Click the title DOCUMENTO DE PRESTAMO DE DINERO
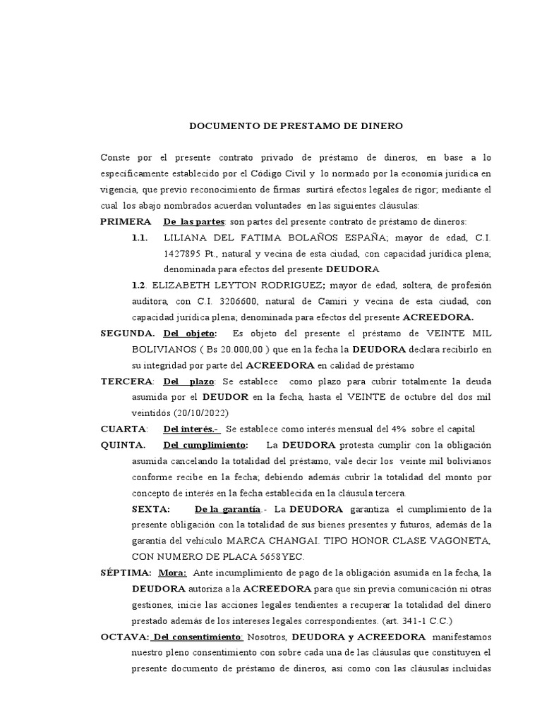tap(296, 126)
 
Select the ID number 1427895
tap(183, 254)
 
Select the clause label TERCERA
tap(126, 381)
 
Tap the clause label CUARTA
tap(124, 429)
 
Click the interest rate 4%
tap(418, 429)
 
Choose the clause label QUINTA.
tap(123, 445)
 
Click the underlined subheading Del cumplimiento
tap(205, 445)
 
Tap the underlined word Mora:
tap(172, 573)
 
